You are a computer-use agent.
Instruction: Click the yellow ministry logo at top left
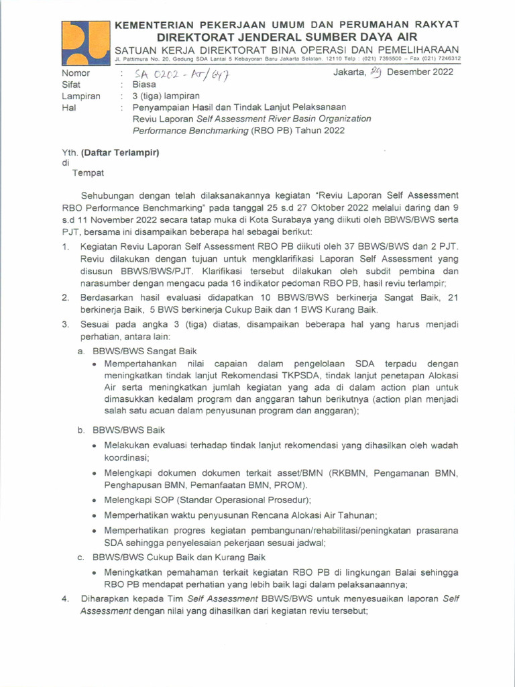84,42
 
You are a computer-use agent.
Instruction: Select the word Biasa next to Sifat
144,85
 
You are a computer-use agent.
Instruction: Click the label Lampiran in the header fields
81,96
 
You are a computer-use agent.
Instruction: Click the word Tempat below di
88,172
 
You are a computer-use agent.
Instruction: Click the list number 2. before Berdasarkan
66,298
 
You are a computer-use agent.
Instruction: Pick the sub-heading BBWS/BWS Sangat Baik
145,351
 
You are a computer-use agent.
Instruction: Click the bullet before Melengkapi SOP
95,500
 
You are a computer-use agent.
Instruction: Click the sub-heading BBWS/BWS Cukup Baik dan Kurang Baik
179,557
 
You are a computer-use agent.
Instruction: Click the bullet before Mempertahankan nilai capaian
95,364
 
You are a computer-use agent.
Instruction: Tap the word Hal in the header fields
68,107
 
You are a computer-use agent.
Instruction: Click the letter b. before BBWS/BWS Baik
80,430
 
